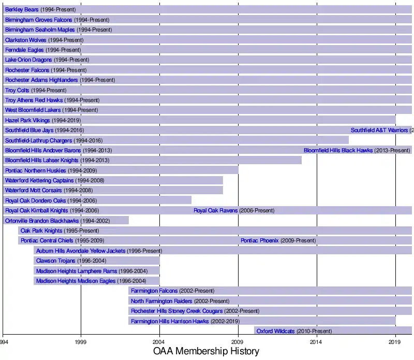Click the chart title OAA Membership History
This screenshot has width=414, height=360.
pos(206,351)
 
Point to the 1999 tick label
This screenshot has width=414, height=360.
pos(81,342)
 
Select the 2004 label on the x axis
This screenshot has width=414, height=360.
pos(159,342)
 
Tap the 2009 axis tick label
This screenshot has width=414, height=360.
pos(238,342)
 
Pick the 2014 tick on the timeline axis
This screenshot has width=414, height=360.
pos(317,342)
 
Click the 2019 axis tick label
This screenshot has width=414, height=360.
pos(395,342)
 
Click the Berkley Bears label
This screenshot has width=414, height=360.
pos(22,10)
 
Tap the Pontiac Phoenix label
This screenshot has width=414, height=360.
pos(259,241)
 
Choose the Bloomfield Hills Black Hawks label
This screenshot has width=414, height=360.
pos(338,151)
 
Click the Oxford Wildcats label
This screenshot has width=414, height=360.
pos(275,331)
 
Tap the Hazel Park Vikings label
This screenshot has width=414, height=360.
pos(27,121)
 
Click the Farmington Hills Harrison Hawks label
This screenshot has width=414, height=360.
pos(170,321)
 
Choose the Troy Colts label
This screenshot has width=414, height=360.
pos(17,91)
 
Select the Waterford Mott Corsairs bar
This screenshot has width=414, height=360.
pos(155,191)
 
